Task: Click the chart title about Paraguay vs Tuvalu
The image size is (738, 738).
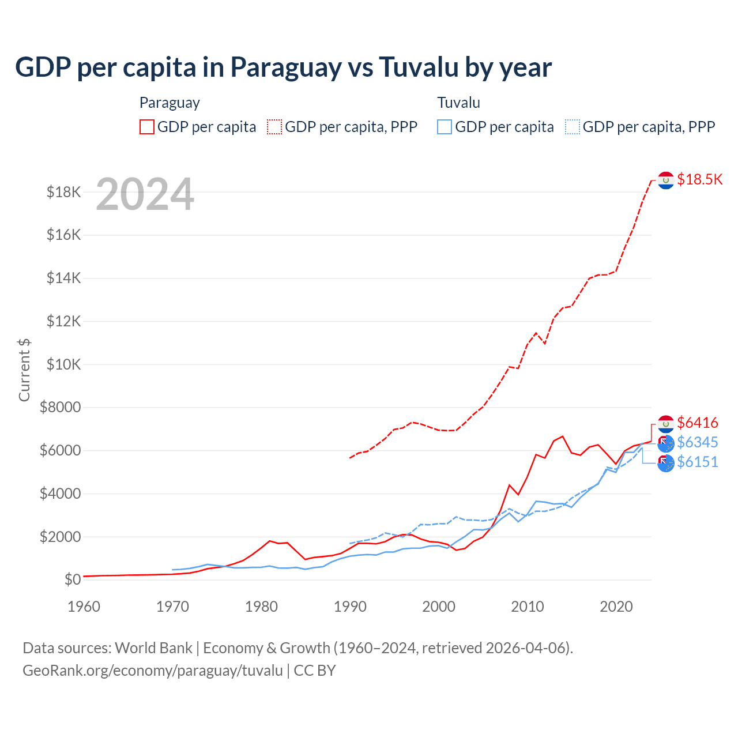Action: coord(283,67)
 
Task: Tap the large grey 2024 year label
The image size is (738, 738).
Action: coord(145,194)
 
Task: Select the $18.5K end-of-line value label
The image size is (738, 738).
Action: coord(699,179)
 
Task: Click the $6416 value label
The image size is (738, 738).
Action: coord(697,423)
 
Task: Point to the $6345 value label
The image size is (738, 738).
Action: coord(697,442)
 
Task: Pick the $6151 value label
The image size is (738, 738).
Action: coord(697,462)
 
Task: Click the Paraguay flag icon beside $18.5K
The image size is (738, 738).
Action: coord(666,180)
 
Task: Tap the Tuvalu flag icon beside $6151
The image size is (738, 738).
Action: coord(666,463)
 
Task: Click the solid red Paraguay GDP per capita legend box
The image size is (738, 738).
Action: coord(147,127)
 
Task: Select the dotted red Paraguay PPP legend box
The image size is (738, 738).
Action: coord(274,127)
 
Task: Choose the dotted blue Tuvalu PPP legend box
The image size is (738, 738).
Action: coord(573,127)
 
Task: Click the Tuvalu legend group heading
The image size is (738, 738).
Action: coord(458,103)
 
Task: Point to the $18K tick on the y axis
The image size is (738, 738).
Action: coord(64,192)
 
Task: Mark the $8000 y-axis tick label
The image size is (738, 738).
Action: coord(60,408)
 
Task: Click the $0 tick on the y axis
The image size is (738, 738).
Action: coord(73,579)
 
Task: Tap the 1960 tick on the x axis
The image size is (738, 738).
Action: coord(84,607)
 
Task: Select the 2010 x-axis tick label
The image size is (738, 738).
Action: coord(528,607)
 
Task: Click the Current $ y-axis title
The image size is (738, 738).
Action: coord(24,370)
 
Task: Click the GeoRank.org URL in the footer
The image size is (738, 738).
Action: coord(153,671)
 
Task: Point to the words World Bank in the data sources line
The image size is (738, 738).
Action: coord(153,648)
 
